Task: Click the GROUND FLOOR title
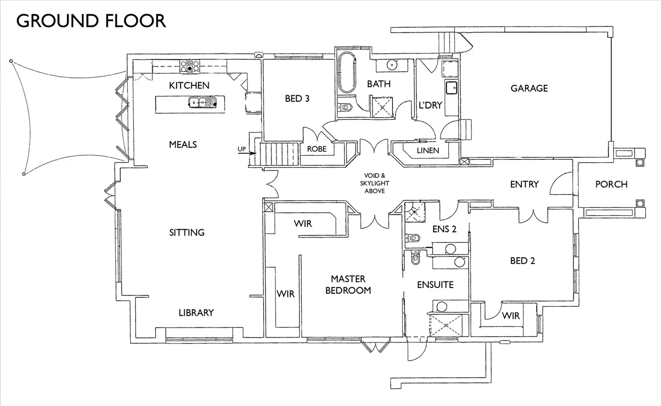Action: tap(91, 21)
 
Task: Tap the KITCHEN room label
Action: tap(189, 85)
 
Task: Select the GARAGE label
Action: tap(529, 88)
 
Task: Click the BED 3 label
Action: tap(297, 98)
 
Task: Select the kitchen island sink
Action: tap(198, 102)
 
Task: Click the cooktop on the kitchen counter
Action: tap(189, 66)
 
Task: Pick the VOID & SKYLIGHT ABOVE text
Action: tap(375, 183)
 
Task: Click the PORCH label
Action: tap(611, 184)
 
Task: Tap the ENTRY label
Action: tap(524, 184)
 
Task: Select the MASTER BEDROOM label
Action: tap(348, 285)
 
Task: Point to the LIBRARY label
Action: tap(196, 313)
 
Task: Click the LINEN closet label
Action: tap(427, 150)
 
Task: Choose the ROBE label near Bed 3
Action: tap(317, 149)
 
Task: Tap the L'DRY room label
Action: tap(430, 105)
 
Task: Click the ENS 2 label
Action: tap(444, 229)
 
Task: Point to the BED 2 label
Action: tap(522, 261)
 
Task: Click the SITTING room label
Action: tap(187, 232)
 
